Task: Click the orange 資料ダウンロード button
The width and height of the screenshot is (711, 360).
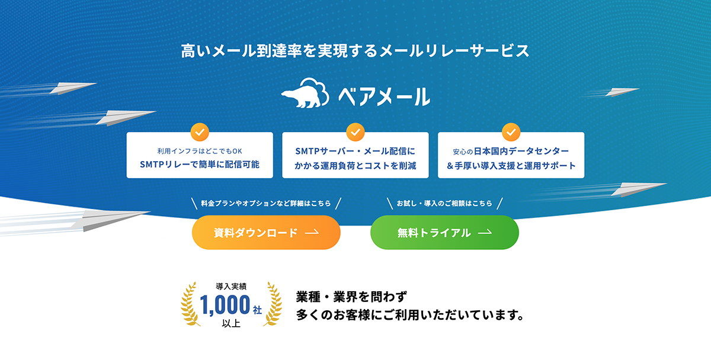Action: pyautogui.click(x=266, y=233)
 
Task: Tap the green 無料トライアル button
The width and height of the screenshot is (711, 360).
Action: pyautogui.click(x=444, y=233)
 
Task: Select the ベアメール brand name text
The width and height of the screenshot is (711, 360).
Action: pyautogui.click(x=383, y=95)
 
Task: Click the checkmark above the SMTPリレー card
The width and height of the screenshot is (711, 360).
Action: pyautogui.click(x=199, y=131)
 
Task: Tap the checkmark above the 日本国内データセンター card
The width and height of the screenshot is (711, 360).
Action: pyautogui.click(x=511, y=131)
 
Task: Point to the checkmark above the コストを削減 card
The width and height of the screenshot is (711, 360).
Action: pyautogui.click(x=355, y=131)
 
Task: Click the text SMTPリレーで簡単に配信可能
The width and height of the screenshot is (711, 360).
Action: pyautogui.click(x=200, y=165)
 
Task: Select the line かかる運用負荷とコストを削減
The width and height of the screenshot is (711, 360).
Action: pyautogui.click(x=355, y=166)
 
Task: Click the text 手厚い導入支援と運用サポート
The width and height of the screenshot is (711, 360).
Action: pyautogui.click(x=511, y=166)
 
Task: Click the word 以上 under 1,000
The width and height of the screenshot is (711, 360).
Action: pyautogui.click(x=231, y=323)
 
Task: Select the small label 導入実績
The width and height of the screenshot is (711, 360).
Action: pyautogui.click(x=231, y=287)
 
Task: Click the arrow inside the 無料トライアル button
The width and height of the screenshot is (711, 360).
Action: pyautogui.click(x=485, y=233)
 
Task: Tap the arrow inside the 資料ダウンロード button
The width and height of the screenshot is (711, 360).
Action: pyautogui.click(x=312, y=233)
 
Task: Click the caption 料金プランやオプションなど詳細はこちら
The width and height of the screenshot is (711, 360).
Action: pyautogui.click(x=266, y=204)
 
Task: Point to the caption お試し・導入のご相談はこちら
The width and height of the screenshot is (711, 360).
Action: pyautogui.click(x=444, y=204)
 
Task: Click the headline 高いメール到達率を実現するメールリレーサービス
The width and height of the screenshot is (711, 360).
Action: pyautogui.click(x=355, y=51)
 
